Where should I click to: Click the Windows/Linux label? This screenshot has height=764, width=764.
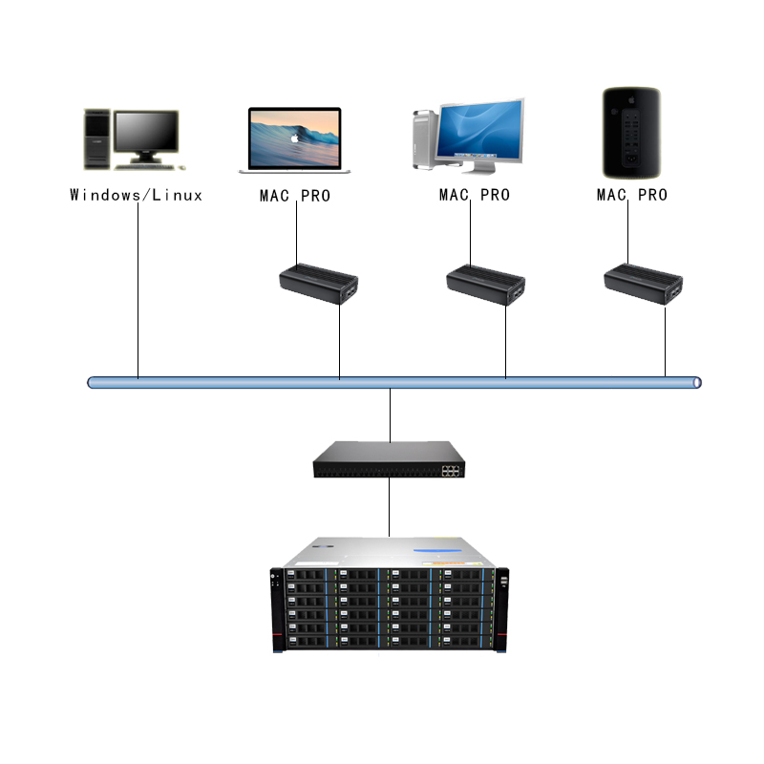tap(137, 195)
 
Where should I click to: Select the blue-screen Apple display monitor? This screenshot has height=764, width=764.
tap(480, 130)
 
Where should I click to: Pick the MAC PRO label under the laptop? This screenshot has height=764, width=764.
tap(295, 195)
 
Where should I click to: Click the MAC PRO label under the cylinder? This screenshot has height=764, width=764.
tap(631, 195)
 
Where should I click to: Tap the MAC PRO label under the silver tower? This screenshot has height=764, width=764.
tap(474, 195)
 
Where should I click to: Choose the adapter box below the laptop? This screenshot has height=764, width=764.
tap(319, 283)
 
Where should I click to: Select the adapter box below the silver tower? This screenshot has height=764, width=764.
tap(486, 283)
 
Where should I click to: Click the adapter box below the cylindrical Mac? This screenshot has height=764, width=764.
tap(643, 283)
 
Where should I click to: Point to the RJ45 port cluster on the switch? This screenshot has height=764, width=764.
tap(450, 468)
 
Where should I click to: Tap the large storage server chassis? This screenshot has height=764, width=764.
tap(390, 597)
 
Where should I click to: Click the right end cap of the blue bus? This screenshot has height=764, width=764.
tap(697, 382)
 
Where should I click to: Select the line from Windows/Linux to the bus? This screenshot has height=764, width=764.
tap(138, 286)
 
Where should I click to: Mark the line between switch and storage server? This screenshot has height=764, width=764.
tap(390, 506)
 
